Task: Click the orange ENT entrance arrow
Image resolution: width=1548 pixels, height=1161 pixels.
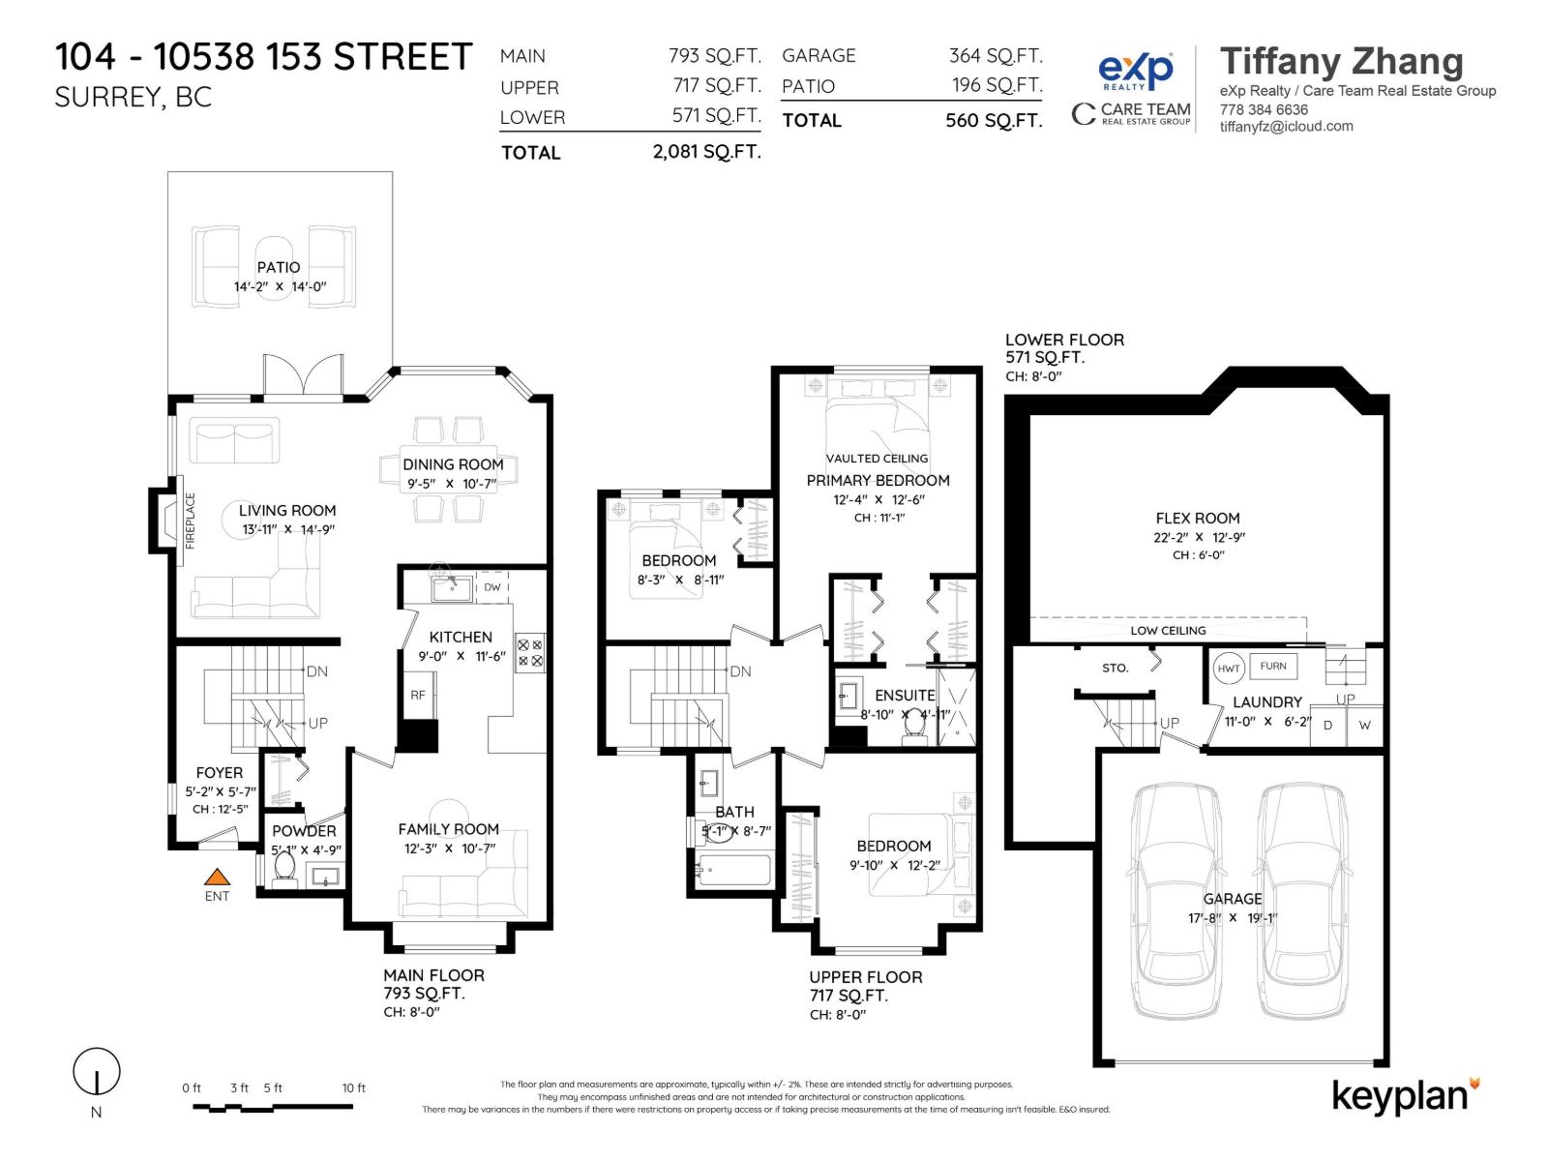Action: tap(217, 878)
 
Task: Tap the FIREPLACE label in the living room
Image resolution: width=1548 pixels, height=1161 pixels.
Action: tap(191, 521)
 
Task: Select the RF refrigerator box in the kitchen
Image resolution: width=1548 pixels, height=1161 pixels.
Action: tap(418, 695)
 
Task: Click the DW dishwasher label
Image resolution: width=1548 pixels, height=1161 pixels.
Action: tap(492, 587)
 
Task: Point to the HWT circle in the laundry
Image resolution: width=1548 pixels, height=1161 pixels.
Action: tap(1229, 669)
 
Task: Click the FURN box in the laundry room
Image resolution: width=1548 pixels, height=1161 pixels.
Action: tap(1273, 666)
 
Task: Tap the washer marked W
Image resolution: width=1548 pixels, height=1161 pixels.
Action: tap(1364, 726)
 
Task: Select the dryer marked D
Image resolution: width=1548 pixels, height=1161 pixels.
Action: tap(1328, 726)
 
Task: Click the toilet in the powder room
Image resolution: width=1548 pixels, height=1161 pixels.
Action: tap(284, 870)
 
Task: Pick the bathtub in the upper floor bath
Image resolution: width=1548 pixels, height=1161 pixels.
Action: tap(733, 870)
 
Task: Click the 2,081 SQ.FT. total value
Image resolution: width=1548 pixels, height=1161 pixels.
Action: tap(706, 152)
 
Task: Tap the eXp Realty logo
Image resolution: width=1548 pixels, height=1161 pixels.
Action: tap(1135, 72)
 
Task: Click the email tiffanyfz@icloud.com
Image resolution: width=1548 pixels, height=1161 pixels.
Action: tap(1286, 126)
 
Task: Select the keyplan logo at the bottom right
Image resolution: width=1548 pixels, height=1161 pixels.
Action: tap(1405, 1096)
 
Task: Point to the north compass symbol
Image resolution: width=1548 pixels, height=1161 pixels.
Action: tap(97, 1073)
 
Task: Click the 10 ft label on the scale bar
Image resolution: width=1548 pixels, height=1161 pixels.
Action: tap(354, 1088)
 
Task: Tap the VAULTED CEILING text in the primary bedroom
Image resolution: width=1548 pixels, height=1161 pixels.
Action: tap(877, 459)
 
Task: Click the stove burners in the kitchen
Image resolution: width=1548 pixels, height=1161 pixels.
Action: tap(530, 652)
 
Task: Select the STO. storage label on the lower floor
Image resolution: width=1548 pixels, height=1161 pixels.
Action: tap(1115, 668)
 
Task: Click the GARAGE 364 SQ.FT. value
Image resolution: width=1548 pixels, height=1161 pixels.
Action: tap(996, 56)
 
